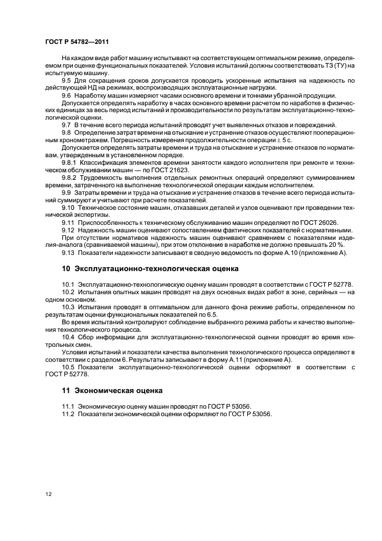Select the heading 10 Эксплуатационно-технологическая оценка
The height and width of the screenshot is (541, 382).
click(x=149, y=269)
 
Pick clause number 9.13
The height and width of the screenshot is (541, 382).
click(x=68, y=252)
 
